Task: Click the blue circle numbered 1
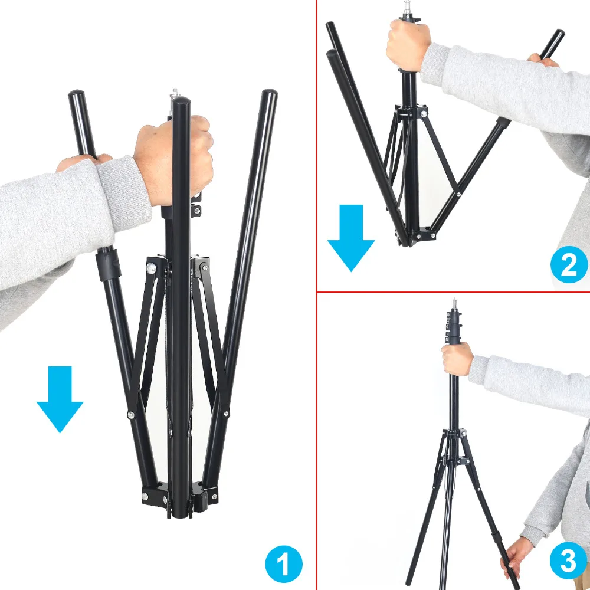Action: (x=284, y=563)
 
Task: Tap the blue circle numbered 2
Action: (x=569, y=264)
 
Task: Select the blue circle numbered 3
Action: (x=569, y=560)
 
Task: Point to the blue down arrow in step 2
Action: (x=351, y=238)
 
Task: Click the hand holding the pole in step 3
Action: (x=457, y=359)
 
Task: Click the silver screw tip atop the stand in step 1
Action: (x=175, y=93)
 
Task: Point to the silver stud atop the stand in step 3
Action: (x=454, y=304)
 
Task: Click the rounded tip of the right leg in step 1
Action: (x=270, y=92)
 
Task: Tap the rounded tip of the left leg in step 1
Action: (x=76, y=93)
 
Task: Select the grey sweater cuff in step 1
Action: (x=124, y=194)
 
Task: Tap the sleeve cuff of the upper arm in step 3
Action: (x=478, y=371)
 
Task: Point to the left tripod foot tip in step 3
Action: (x=409, y=586)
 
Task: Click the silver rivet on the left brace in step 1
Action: (x=130, y=415)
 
